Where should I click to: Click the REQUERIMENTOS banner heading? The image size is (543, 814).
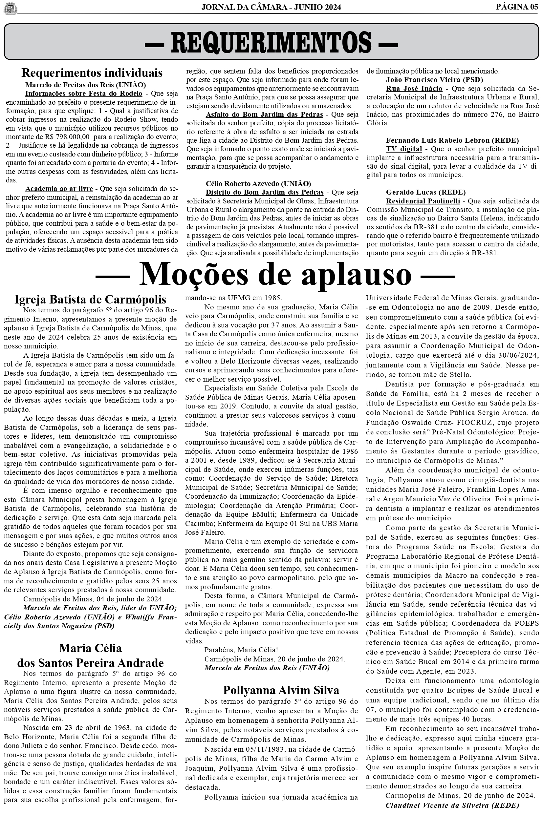[271, 42]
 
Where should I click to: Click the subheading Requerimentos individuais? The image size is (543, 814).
[92, 73]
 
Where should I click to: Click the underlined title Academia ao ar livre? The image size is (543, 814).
[59, 189]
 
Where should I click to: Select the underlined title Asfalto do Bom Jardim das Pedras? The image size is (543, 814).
[264, 115]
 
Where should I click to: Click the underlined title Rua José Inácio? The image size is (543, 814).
[414, 89]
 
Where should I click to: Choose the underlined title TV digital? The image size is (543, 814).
[404, 149]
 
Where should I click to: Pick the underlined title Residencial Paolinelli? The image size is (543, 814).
[423, 201]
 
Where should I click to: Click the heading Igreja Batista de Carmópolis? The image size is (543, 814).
[90, 299]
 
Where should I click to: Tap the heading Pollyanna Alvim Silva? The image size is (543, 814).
[281, 690]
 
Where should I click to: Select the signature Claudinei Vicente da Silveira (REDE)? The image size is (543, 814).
[452, 805]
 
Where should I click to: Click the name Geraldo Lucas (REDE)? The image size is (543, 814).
[425, 192]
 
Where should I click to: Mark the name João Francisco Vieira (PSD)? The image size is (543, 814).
[434, 80]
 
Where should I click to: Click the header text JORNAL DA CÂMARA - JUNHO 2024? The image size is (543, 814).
[271, 7]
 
